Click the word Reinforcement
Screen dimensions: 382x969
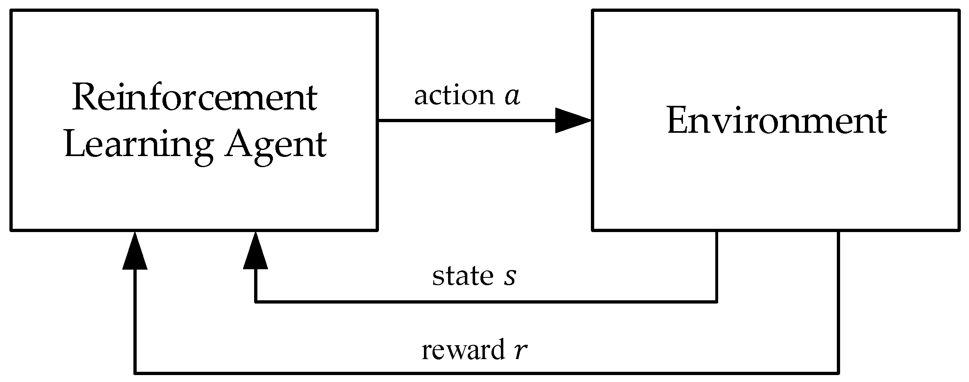194,98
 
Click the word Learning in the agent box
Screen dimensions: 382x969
138,145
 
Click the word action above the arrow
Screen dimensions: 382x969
454,96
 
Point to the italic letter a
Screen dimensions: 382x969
512,96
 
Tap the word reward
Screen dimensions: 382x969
463,350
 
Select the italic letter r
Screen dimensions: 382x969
520,351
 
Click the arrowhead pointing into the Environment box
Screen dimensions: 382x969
573,121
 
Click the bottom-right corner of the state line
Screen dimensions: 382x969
717,302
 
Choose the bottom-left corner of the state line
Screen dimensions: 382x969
256,302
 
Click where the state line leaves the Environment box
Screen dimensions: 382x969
717,231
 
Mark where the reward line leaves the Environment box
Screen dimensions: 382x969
838,231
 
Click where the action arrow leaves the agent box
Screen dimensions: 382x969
377,121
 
